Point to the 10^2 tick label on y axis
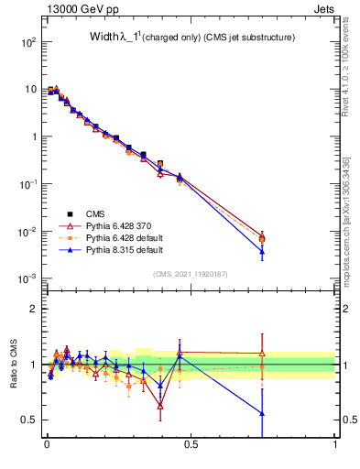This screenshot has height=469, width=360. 26,42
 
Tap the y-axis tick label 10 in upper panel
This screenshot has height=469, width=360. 29,90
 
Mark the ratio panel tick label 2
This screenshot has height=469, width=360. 33,309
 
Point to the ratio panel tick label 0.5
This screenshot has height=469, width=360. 28,420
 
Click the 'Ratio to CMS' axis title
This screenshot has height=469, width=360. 13,364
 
